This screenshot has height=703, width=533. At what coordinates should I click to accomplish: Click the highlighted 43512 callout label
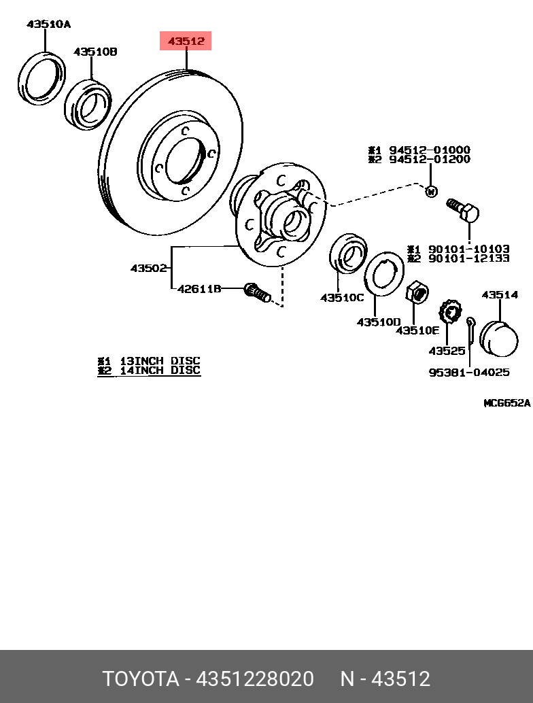186,41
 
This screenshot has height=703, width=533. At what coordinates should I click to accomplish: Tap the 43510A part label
48,24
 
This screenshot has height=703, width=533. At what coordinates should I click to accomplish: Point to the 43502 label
148,268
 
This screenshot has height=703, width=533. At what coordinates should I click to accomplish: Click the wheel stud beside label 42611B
258,292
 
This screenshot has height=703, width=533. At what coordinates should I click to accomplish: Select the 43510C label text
341,297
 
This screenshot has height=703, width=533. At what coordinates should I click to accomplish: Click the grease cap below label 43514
499,339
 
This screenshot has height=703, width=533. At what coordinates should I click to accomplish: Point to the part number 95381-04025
469,372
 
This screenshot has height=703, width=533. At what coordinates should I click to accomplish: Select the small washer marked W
431,192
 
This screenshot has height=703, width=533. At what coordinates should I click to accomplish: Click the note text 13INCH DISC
160,361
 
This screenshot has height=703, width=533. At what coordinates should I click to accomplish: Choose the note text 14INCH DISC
160,371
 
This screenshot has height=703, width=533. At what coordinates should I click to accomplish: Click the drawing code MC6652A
507,403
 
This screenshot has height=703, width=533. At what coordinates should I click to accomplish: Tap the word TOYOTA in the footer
141,679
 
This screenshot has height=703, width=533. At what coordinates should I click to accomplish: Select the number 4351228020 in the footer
255,679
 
